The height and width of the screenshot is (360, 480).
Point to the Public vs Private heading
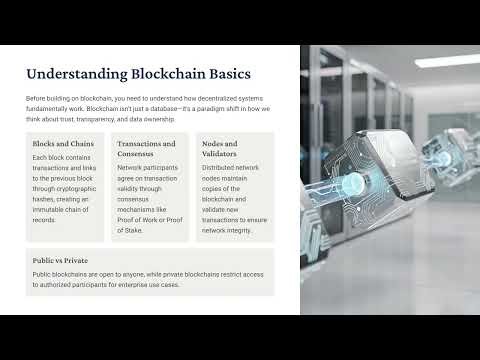coord(59,259)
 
